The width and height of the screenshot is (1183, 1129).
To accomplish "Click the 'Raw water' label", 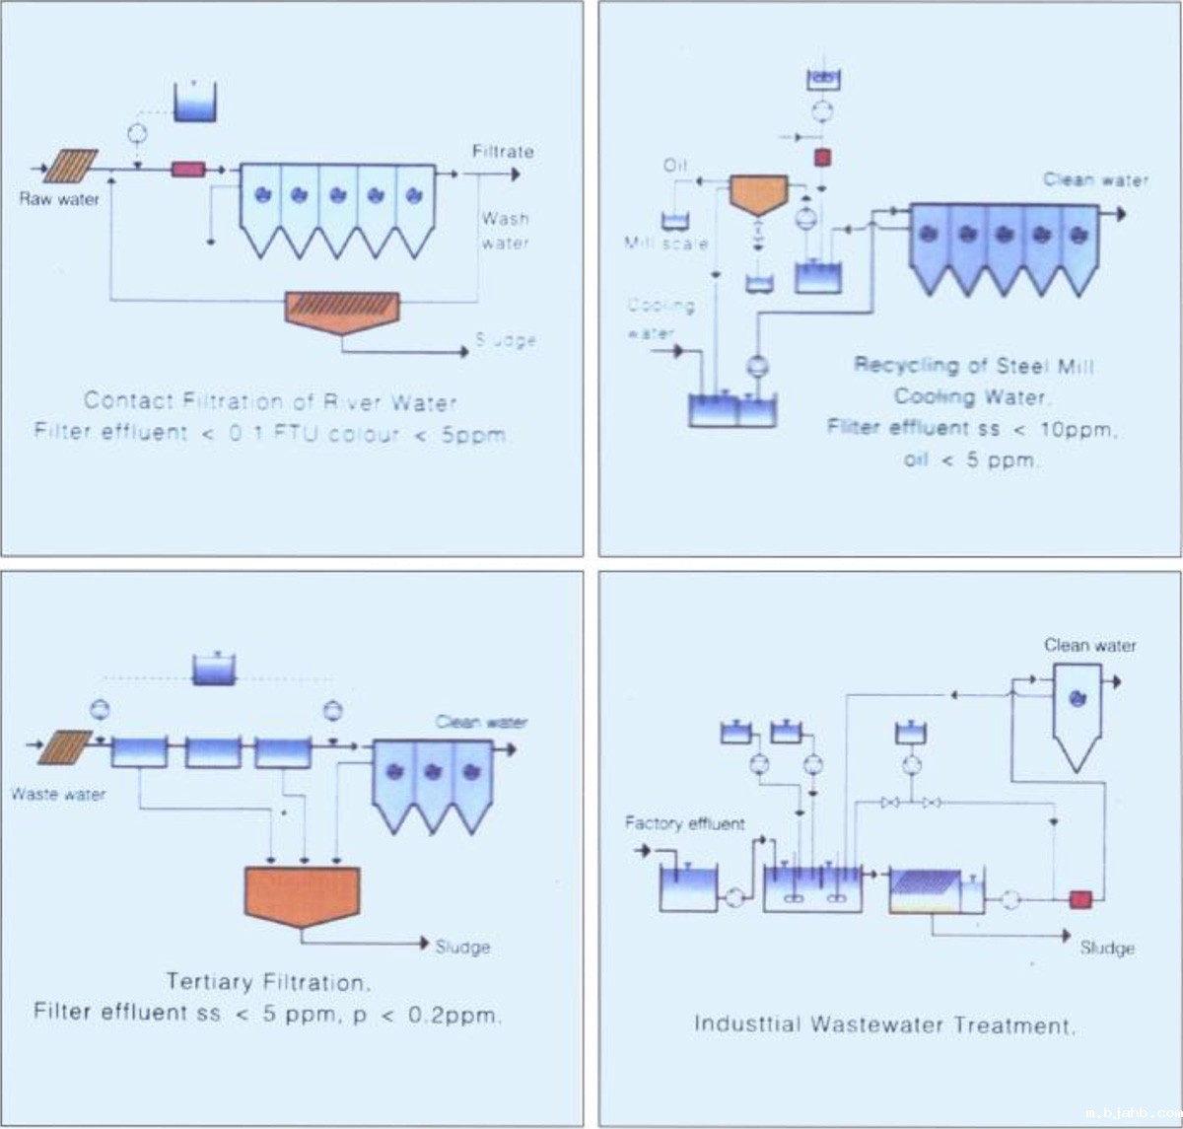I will [59, 199].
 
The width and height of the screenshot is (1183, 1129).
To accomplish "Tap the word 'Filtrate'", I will [503, 152].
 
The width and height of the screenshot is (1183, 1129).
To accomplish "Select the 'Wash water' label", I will [505, 231].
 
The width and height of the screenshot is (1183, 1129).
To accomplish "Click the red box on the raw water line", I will [188, 170].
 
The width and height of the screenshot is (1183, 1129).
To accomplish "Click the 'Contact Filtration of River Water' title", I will [270, 401].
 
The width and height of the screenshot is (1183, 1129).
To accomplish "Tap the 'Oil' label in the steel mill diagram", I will [675, 166].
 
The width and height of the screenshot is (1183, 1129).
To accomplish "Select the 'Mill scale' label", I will [665, 243].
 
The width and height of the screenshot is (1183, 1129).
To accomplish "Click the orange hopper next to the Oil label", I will [758, 194].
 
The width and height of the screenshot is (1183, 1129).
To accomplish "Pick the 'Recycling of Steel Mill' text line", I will [974, 366].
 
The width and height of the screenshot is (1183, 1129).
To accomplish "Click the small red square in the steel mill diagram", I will [822, 158].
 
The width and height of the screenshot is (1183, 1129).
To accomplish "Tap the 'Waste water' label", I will [58, 794].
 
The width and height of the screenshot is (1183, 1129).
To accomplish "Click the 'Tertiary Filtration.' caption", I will [268, 982].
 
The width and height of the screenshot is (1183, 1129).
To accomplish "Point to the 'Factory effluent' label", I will [685, 823].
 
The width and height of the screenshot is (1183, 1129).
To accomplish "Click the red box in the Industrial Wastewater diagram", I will [1081, 899].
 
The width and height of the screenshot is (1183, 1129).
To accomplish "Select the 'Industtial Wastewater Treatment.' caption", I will [885, 1024].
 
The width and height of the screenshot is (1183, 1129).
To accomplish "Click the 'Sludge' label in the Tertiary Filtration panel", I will [462, 947].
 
